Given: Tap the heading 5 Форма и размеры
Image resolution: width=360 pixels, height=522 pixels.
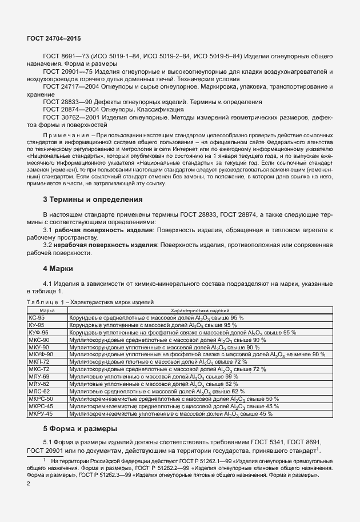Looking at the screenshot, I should point(81,429).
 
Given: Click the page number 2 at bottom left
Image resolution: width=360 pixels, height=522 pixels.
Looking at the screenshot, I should point(29,484).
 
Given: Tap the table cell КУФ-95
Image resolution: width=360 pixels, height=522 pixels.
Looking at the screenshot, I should point(38,332).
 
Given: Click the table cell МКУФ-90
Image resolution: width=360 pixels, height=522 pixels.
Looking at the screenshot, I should point(40,354).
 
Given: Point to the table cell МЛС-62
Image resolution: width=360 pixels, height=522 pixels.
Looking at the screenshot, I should point(39,392).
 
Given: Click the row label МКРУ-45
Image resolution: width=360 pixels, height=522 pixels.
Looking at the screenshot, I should point(40,413).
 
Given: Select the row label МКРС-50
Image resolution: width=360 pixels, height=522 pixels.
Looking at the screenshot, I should point(40,399).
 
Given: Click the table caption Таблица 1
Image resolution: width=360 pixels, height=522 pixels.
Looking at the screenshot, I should point(48,301).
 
